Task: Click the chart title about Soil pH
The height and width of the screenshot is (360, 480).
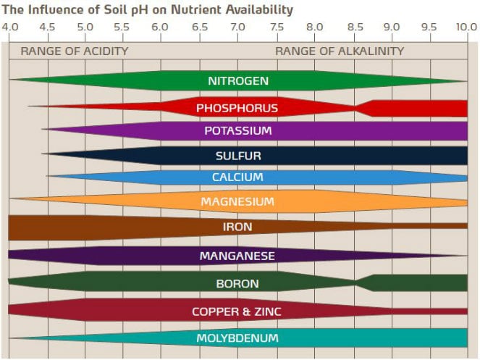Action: (148, 9)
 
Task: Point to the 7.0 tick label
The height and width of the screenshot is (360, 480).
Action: (237, 28)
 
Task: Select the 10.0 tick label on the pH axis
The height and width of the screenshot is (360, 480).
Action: (466, 28)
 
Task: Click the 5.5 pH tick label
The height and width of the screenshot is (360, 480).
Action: (123, 28)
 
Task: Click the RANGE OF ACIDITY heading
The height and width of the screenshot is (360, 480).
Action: (74, 51)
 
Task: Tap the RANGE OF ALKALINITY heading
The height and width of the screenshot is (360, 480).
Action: (340, 51)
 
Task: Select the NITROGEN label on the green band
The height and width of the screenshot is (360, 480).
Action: (237, 80)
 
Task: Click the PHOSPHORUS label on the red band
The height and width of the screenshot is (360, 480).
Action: (237, 108)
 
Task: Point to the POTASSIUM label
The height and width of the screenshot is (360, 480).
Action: (237, 131)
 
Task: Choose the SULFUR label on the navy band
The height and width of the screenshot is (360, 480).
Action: (237, 156)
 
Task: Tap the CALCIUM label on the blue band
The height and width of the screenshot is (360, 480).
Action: (237, 177)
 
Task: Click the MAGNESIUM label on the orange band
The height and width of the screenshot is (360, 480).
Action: (237, 201)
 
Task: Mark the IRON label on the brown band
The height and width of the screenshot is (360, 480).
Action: (237, 227)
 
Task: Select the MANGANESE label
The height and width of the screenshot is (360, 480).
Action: (237, 256)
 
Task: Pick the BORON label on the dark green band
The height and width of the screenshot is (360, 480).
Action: (237, 283)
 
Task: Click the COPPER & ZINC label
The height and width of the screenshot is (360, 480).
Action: (237, 311)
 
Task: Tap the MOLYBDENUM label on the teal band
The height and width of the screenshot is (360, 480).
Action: (237, 338)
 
